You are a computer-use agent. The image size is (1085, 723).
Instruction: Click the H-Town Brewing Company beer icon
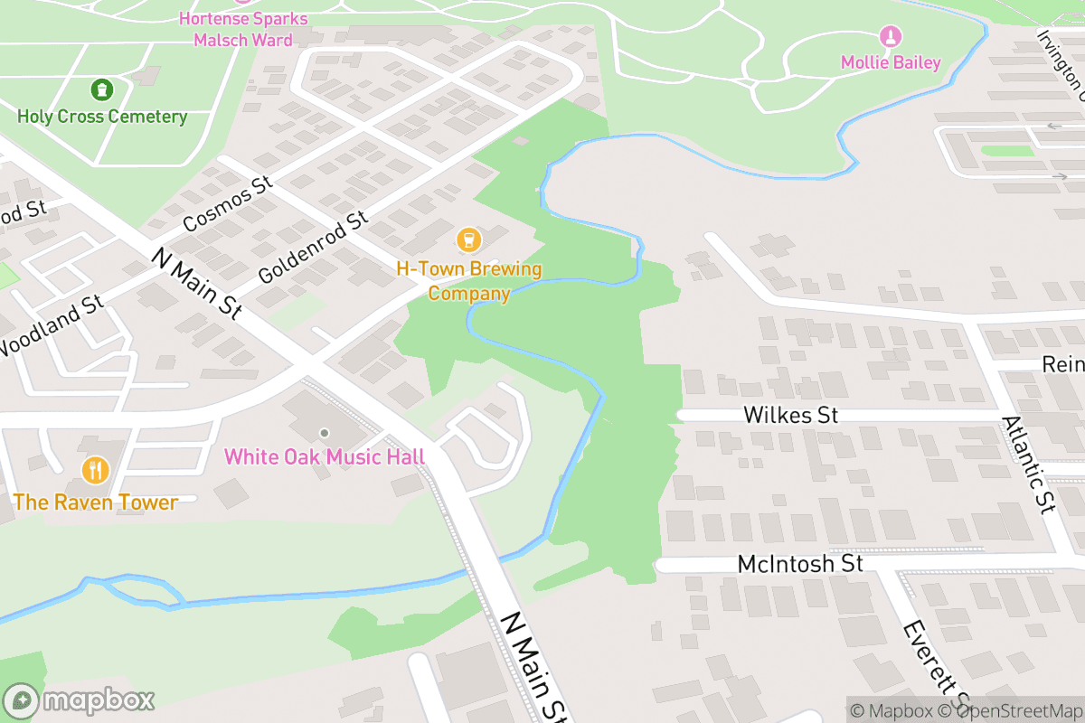click(x=468, y=239)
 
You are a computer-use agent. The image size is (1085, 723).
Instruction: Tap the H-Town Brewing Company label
click(x=468, y=281)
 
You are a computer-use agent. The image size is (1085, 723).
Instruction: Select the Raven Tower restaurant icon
click(x=95, y=470)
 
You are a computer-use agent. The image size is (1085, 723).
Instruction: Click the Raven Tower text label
click(x=95, y=502)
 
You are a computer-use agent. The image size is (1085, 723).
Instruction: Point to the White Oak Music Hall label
click(x=325, y=456)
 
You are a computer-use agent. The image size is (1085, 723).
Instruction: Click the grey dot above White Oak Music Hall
click(x=325, y=433)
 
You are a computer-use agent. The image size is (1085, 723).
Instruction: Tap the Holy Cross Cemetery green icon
click(x=101, y=89)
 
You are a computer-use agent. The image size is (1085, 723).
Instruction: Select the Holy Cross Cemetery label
click(x=102, y=117)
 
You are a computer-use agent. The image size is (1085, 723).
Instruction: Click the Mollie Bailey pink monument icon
click(x=891, y=37)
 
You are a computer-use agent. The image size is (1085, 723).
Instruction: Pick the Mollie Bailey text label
click(x=891, y=63)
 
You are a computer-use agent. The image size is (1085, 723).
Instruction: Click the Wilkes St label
click(x=791, y=415)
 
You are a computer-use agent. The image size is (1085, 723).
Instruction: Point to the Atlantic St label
click(x=1029, y=465)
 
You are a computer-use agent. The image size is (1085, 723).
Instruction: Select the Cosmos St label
click(x=227, y=204)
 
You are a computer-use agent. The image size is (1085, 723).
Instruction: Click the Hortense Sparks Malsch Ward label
click(x=243, y=29)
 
